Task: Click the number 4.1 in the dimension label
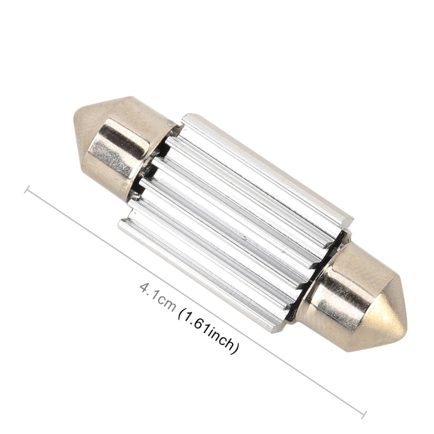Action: coord(149,290)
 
